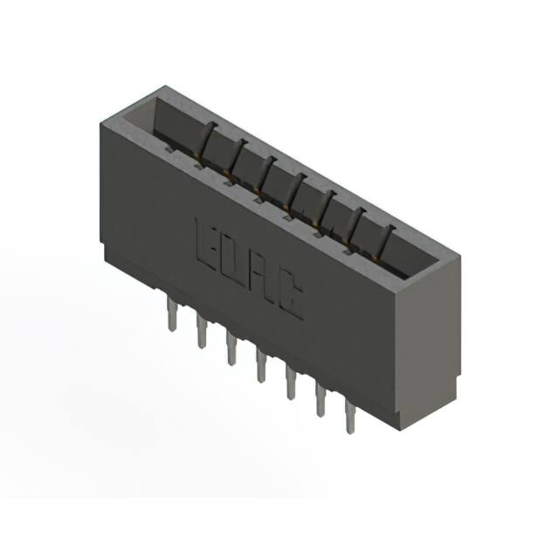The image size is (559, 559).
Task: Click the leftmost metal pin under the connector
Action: (x=172, y=315)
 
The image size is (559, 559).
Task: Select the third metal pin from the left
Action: (x=231, y=349)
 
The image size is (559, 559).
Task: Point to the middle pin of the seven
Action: (x=261, y=366)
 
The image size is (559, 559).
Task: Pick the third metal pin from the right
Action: (x=291, y=383)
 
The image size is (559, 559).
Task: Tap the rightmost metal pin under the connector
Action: (x=350, y=418)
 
